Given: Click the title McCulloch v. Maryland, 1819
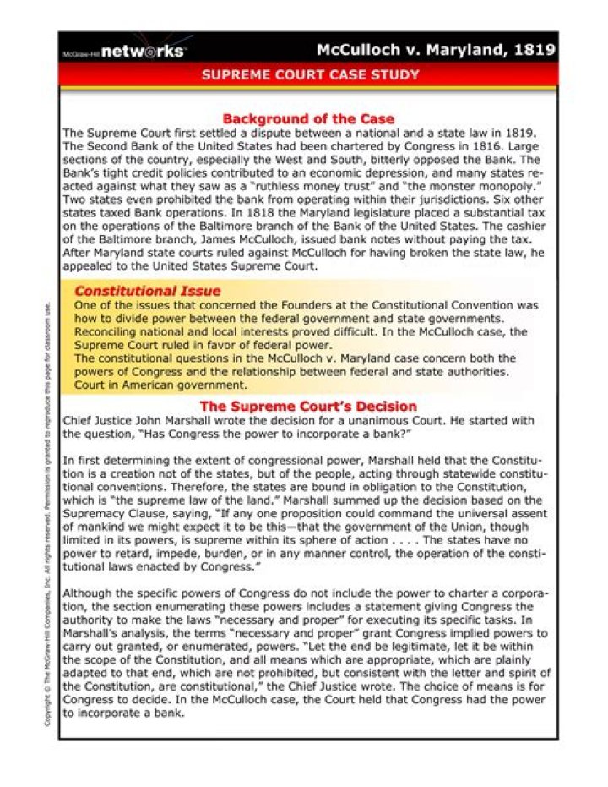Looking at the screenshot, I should (x=436, y=50).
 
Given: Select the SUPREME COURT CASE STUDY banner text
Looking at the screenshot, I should (x=310, y=75).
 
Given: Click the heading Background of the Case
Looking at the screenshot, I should (x=308, y=119).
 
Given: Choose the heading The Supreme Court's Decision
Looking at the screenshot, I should (x=308, y=406).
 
